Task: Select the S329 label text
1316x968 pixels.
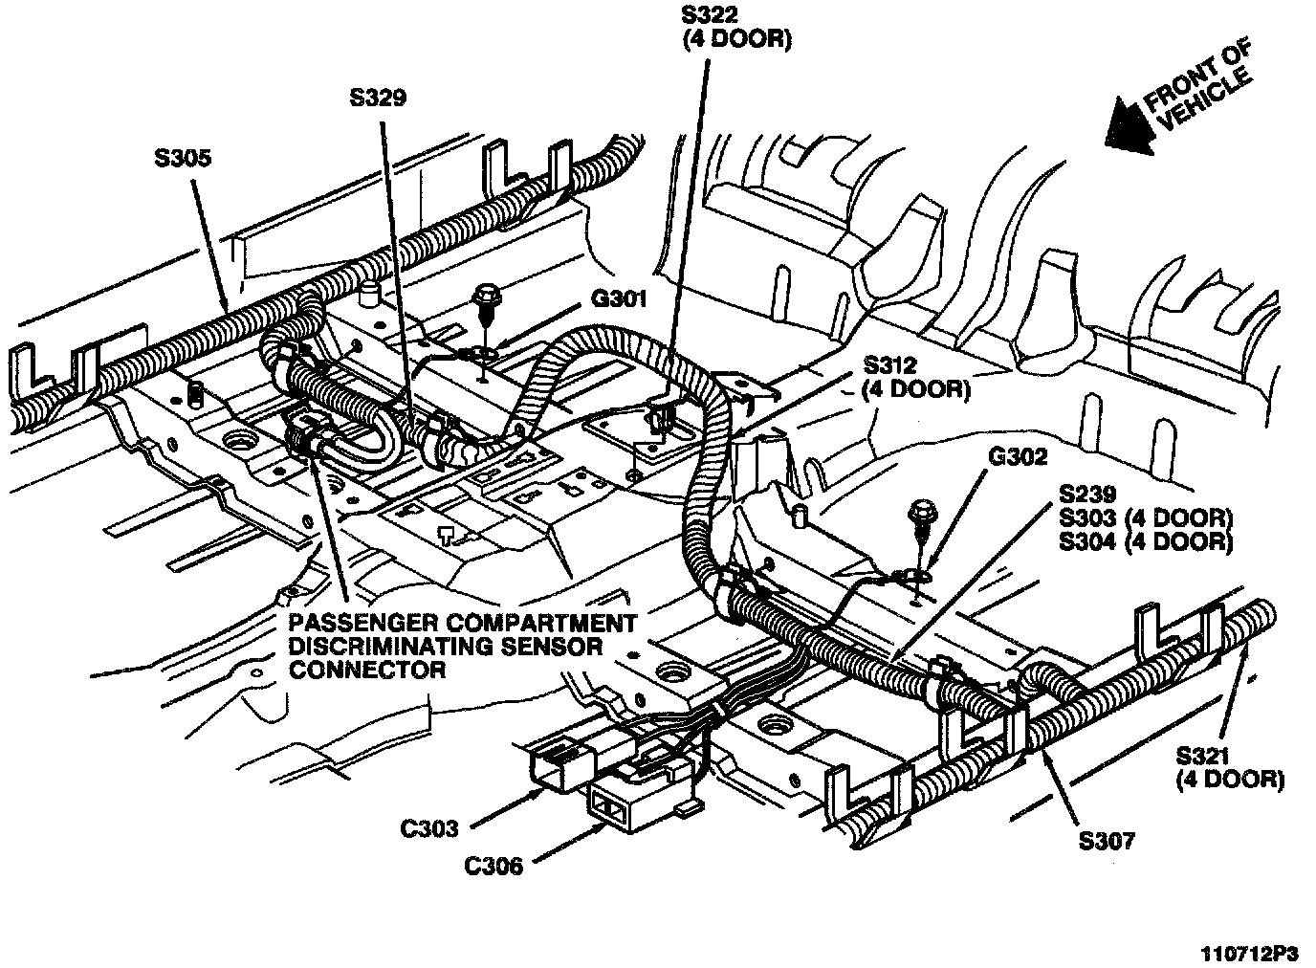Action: pyautogui.click(x=378, y=97)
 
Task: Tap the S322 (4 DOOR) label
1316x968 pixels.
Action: pyautogui.click(x=735, y=28)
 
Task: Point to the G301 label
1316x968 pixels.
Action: pyautogui.click(x=620, y=299)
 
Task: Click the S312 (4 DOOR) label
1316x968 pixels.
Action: pyautogui.click(x=916, y=377)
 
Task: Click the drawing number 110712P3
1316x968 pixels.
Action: pyautogui.click(x=1251, y=953)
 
